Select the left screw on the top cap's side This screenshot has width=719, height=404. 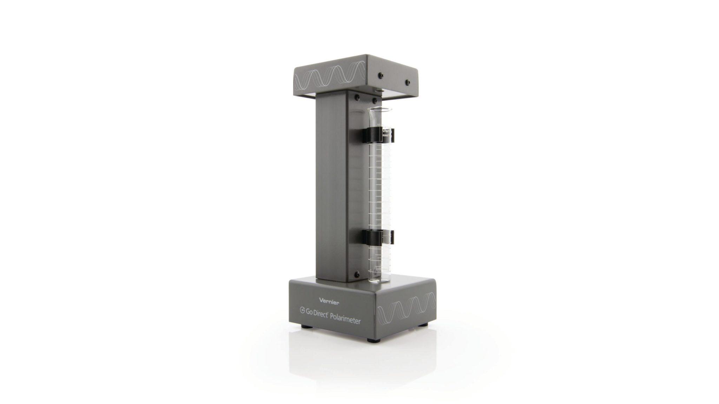pos(380,75)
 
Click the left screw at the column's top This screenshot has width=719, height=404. pos(357,97)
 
